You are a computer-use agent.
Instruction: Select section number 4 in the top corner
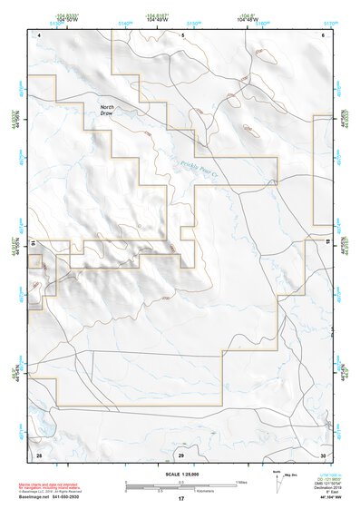pos(40,34)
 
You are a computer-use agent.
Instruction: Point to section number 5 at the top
pos(182,34)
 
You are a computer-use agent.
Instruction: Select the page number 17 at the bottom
pos(180,499)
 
